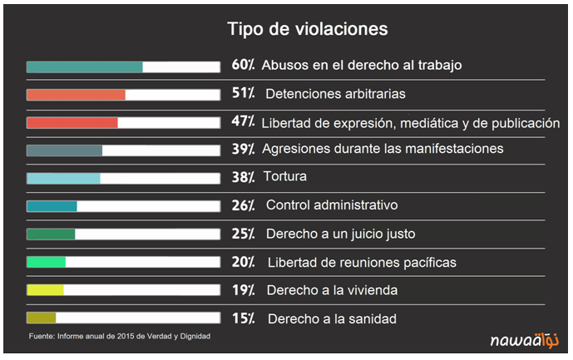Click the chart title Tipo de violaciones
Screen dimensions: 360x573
[308, 29]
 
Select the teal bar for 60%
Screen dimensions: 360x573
[84, 67]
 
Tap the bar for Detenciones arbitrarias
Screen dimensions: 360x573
[76, 95]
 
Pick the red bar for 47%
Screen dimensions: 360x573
[72, 123]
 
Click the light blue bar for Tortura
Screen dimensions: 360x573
[63, 178]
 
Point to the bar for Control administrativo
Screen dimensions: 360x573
[52, 206]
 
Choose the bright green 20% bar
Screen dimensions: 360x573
[46, 262]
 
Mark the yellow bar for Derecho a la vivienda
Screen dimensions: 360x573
[45, 290]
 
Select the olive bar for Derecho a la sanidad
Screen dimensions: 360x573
[41, 318]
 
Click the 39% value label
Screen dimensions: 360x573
[243, 149]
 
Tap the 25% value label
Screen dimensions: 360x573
[243, 234]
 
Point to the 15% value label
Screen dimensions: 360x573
[243, 318]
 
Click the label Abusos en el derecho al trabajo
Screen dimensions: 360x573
[362, 65]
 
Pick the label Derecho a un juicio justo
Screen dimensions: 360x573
[340, 234]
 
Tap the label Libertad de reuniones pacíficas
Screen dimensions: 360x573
[362, 263]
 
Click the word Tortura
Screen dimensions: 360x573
[284, 177]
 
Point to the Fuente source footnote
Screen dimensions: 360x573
[119, 336]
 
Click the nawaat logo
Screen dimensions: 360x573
[523, 338]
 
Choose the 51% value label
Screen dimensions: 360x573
[243, 93]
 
